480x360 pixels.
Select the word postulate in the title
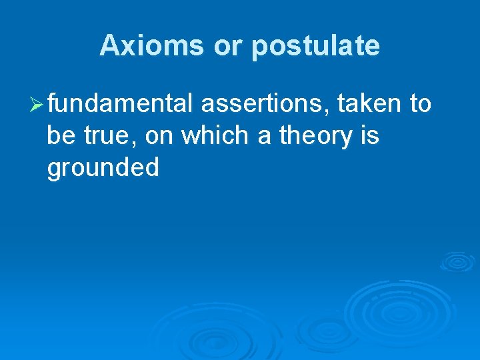click(315, 46)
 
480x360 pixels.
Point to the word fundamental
click(121, 104)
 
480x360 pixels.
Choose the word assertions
click(264, 104)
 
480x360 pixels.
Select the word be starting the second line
click(61, 136)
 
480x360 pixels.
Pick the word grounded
click(103, 168)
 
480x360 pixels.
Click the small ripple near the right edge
click(457, 261)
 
